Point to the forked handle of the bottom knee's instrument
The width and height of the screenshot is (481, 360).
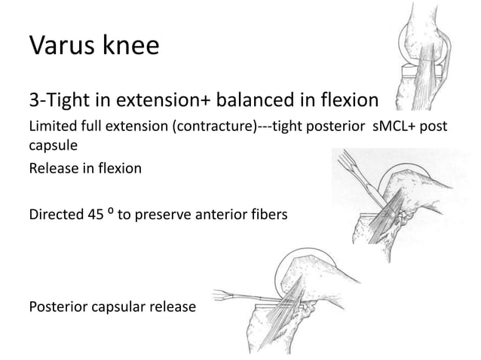225,294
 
